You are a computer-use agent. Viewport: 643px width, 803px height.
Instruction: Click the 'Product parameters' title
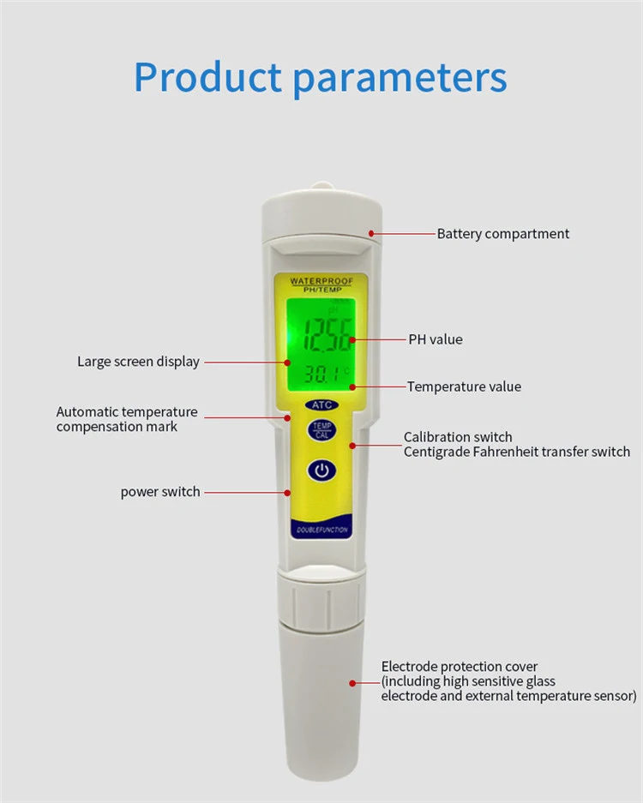[x=321, y=76]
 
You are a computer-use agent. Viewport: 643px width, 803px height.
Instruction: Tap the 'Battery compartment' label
[x=502, y=234]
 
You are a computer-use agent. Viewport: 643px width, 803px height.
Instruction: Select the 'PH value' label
[x=435, y=339]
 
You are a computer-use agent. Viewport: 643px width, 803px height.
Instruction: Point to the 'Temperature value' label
[x=464, y=387]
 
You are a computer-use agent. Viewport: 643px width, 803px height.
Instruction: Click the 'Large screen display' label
[x=138, y=362]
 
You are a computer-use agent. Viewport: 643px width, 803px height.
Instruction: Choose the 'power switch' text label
[x=159, y=492]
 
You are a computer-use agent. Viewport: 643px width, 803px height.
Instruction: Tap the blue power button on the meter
[x=321, y=470]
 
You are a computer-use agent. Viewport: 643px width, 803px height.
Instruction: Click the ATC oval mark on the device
[x=321, y=404]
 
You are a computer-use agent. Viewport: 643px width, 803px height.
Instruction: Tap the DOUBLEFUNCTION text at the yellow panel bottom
[x=321, y=530]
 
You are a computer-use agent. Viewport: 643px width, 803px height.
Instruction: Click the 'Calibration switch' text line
[x=458, y=437]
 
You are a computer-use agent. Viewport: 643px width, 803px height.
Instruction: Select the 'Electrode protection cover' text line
[x=460, y=667]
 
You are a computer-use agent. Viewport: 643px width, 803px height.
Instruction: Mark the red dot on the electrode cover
[x=352, y=682]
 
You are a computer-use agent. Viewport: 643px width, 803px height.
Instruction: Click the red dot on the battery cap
[x=370, y=232]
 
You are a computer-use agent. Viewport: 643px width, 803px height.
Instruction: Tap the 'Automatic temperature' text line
[x=127, y=412]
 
